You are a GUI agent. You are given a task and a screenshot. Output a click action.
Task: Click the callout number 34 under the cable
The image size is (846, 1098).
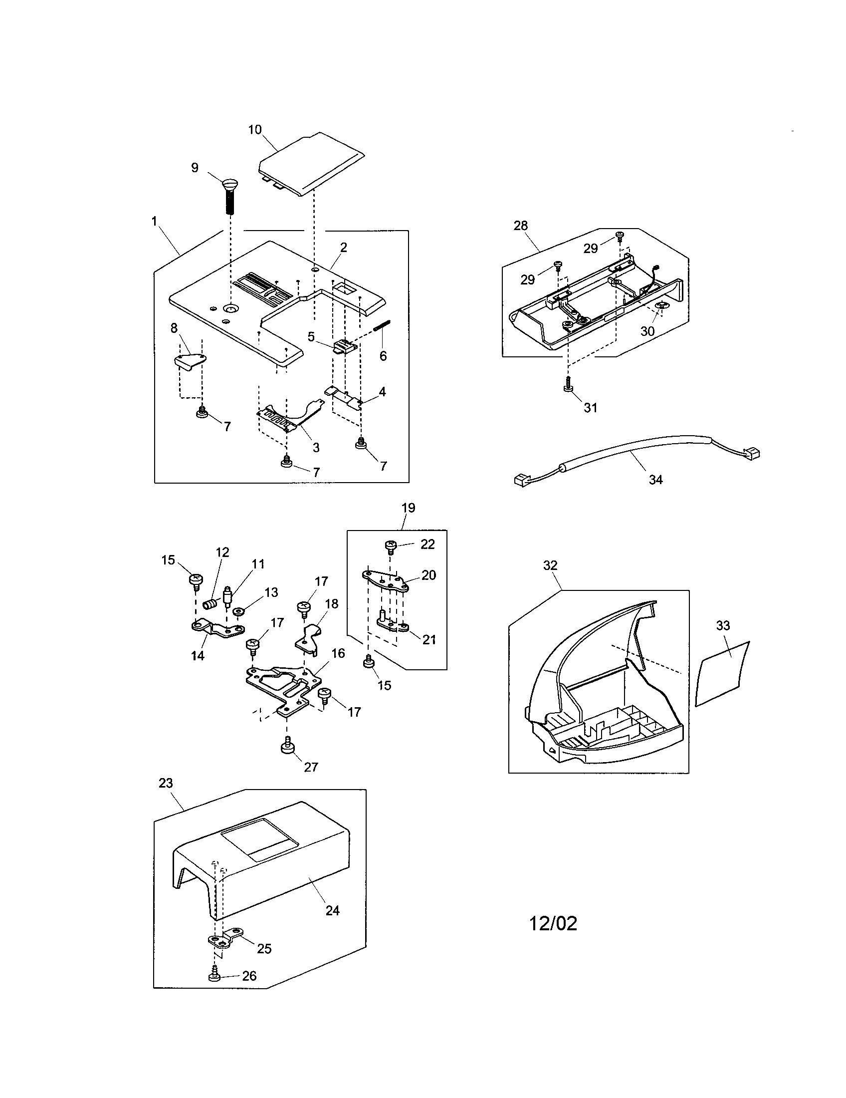(x=655, y=480)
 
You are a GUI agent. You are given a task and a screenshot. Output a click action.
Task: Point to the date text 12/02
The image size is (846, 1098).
(x=553, y=923)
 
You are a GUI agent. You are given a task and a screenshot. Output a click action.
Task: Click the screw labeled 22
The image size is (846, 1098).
(x=392, y=546)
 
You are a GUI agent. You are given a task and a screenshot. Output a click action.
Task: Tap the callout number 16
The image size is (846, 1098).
(x=338, y=653)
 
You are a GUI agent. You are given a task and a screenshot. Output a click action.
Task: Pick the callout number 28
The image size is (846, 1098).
(x=520, y=226)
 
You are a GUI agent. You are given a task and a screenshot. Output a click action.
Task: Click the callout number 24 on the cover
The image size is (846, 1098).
(x=333, y=910)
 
